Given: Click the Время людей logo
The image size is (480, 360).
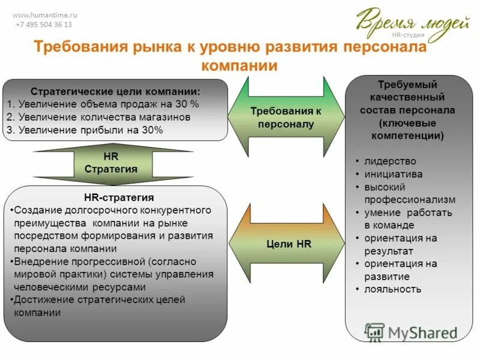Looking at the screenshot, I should [x=412, y=23].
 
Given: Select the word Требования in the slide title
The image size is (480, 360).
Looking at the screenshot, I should [x=81, y=47].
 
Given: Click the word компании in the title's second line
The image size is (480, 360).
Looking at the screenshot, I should [x=239, y=65].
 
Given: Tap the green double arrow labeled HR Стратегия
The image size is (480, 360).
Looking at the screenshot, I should [x=111, y=163].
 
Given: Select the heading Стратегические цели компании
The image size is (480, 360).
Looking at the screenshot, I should [x=115, y=91].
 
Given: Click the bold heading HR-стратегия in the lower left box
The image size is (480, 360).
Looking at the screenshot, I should [x=119, y=197].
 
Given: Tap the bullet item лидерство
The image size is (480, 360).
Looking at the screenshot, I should [x=390, y=161].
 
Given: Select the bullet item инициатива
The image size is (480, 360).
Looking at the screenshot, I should [x=393, y=174].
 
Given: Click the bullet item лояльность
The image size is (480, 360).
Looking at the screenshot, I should [x=392, y=289].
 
